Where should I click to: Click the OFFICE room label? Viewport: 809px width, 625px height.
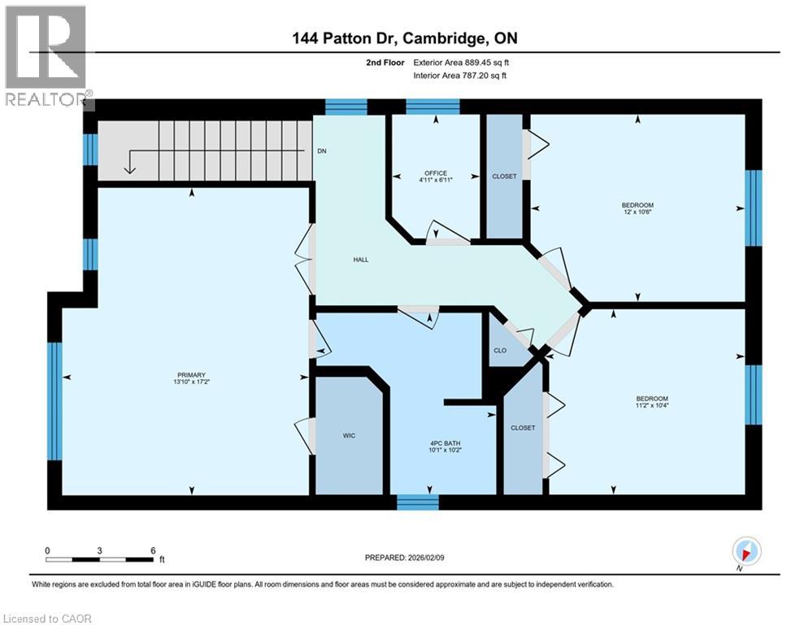(x=436, y=173)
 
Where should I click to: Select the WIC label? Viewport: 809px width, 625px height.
(x=349, y=435)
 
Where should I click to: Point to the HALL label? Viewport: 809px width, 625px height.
(x=361, y=260)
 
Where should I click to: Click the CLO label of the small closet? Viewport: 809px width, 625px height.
(x=500, y=351)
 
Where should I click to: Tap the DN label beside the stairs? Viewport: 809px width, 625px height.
(x=322, y=151)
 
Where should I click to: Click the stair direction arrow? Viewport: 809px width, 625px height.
(x=128, y=164)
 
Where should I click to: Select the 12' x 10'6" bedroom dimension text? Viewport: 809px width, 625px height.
(x=638, y=212)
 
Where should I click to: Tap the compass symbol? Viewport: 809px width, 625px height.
(x=746, y=552)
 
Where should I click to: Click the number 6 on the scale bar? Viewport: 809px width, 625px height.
(x=153, y=550)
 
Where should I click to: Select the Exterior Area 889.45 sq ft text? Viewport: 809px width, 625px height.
(x=462, y=62)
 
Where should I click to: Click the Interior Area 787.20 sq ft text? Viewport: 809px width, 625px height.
(x=461, y=76)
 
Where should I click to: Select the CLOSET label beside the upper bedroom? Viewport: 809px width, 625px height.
(x=504, y=177)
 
